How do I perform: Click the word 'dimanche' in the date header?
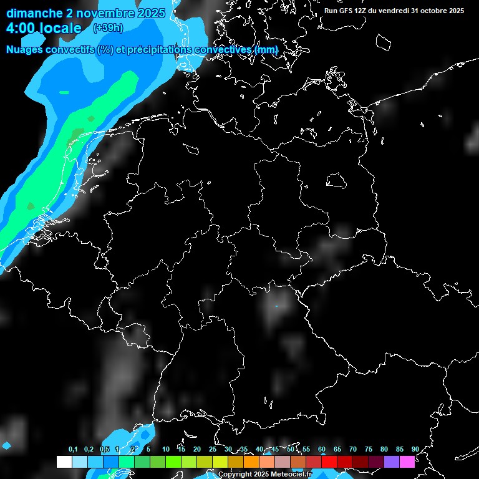coord(34,13)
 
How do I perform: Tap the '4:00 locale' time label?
coord(44,28)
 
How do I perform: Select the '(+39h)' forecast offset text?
coord(108,28)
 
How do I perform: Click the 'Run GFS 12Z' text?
coord(346,11)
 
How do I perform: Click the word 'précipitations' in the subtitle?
coord(159,49)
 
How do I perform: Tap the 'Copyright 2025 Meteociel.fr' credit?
coord(274,475)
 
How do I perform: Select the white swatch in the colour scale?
coord(64,462)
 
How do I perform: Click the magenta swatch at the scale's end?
coord(407,462)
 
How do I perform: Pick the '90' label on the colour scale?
coord(415,450)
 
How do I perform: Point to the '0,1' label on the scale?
coord(73,450)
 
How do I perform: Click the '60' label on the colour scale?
coord(322,450)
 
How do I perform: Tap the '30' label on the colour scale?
coord(228,450)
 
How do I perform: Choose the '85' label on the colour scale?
coord(400,450)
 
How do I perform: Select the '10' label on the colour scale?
coord(166,450)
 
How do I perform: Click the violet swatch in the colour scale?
coord(392,462)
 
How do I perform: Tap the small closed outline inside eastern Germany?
coord(337,180)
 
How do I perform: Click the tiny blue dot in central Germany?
coord(277,307)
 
